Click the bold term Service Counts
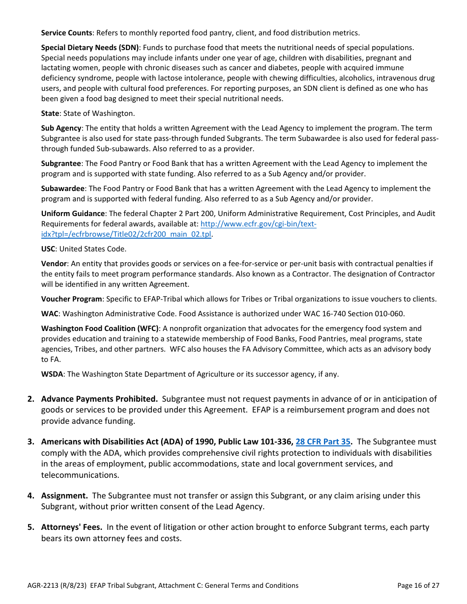66,33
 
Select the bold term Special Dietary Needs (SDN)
90,48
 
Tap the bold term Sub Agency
61,128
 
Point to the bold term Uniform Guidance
73,214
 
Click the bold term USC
49,249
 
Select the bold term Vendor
54,264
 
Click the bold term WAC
50,314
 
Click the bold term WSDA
52,374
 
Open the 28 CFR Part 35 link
323,442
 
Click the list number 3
30,442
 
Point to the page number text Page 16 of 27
418,585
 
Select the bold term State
50,113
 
